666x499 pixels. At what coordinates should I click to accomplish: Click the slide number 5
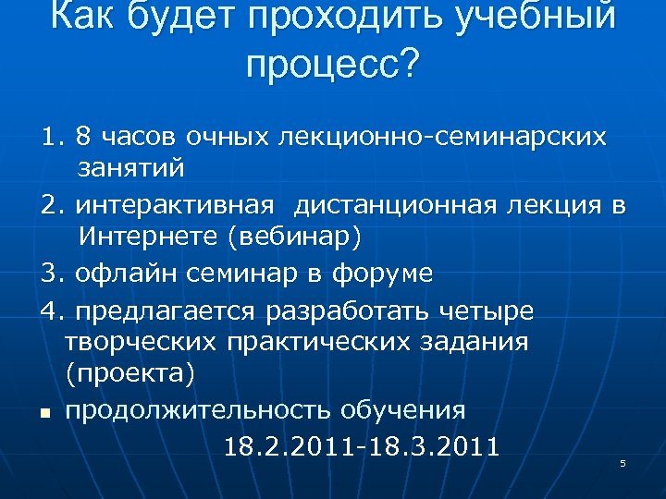pos(623,463)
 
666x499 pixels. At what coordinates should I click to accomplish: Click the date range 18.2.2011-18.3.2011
pos(362,447)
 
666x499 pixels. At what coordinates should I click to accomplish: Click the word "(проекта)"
pos(129,374)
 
